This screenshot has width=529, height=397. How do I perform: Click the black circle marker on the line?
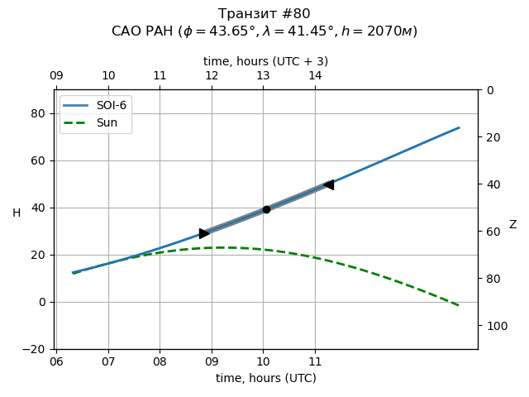266,209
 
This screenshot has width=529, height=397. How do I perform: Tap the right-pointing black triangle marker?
204,233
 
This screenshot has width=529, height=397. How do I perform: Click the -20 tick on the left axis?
38,349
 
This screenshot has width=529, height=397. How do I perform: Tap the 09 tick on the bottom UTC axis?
212,361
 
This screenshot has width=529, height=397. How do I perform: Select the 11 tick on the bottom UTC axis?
315,361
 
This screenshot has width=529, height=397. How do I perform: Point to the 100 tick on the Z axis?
493,326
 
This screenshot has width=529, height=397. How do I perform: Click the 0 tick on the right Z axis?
487,90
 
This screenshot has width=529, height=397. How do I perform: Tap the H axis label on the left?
17,213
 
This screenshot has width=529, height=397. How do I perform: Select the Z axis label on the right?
512,224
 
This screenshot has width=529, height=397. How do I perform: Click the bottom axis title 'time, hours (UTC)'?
265,378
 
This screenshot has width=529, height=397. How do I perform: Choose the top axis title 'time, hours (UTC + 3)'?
265,61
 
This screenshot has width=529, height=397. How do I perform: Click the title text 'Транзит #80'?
264,14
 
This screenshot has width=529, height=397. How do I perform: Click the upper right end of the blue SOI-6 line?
459,127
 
